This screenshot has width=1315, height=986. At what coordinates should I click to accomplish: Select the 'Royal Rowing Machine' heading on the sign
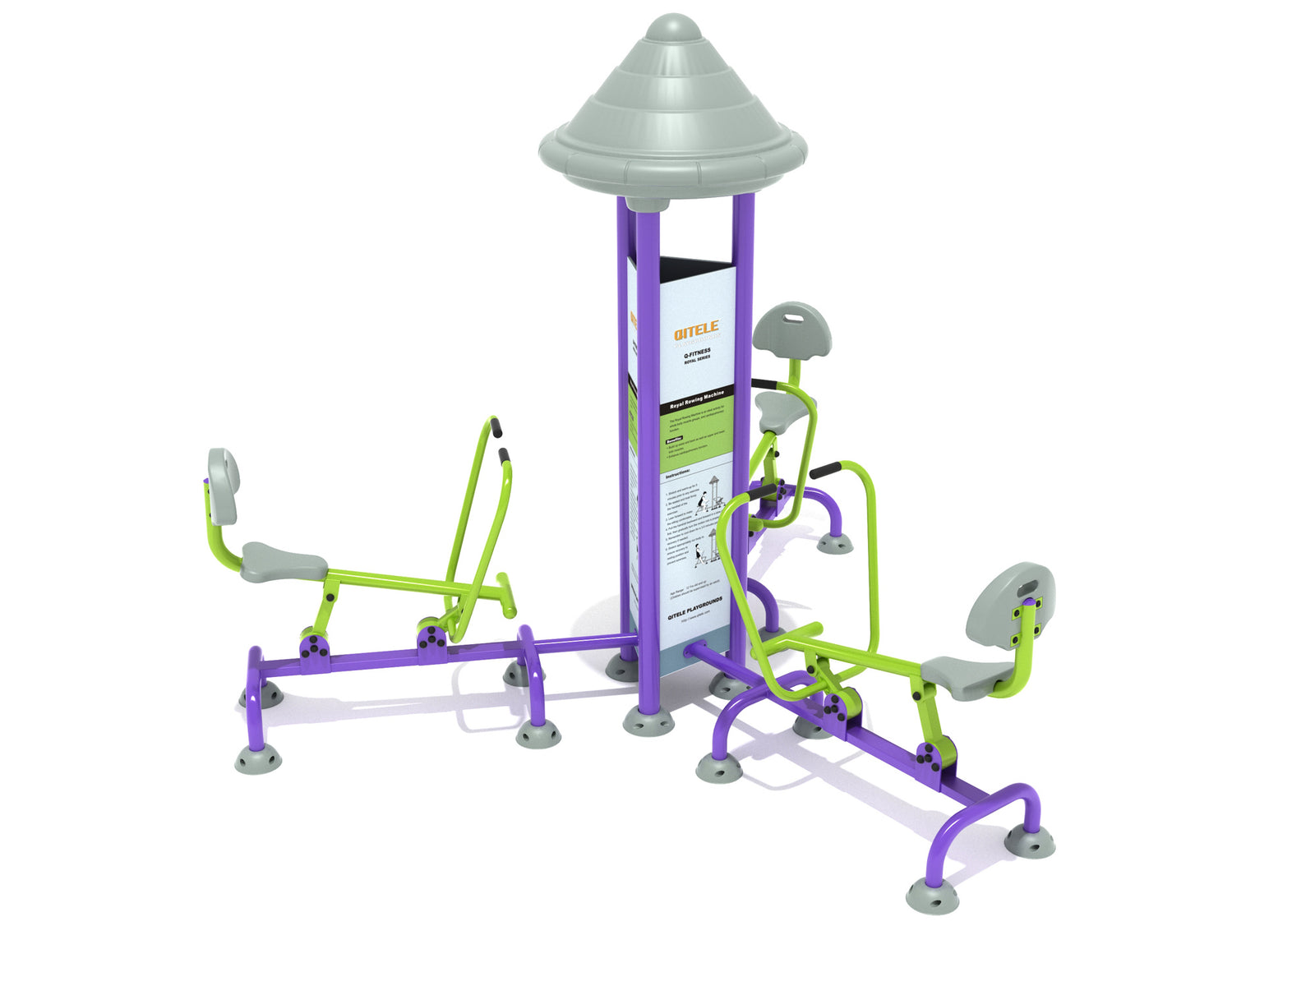pos(697,401)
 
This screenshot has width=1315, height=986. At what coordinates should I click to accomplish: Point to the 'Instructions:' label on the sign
pos(678,474)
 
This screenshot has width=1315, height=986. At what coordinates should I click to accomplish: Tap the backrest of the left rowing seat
pos(223,486)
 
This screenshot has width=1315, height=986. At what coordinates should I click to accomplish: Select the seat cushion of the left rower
pos(284,561)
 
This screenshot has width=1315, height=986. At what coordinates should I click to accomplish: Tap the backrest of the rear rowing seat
pos(791,329)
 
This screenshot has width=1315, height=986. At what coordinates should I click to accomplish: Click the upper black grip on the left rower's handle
pos(496,426)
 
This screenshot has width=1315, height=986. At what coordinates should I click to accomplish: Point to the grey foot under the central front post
pos(648,721)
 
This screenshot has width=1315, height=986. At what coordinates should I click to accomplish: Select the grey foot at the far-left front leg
pos(258,759)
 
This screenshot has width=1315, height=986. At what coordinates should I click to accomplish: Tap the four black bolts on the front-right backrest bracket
pos(1027,616)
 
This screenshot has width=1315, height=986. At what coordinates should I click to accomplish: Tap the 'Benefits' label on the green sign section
pos(676,441)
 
